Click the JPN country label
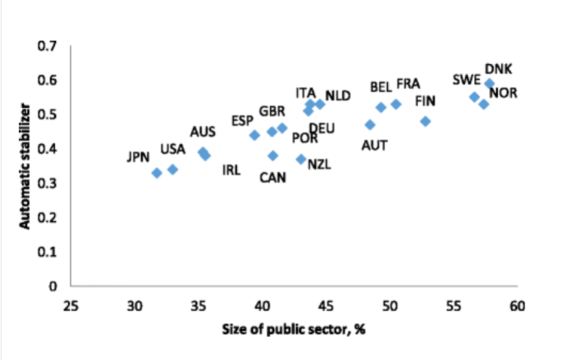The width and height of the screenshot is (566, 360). (x=137, y=158)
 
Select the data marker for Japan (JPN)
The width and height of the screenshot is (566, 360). (x=157, y=173)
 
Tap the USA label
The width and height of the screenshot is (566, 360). (x=173, y=149)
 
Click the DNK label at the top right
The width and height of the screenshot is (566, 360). (x=498, y=69)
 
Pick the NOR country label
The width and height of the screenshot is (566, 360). (x=503, y=93)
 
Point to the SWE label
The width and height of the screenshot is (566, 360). (x=466, y=80)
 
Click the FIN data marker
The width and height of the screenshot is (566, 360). (x=426, y=122)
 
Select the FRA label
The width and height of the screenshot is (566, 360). (x=408, y=83)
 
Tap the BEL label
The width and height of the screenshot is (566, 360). (x=381, y=88)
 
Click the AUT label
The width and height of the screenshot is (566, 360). (x=375, y=144)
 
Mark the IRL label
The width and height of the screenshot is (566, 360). (x=231, y=170)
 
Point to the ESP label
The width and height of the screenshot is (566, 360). (x=242, y=121)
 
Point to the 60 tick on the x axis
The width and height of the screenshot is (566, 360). (x=517, y=306)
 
